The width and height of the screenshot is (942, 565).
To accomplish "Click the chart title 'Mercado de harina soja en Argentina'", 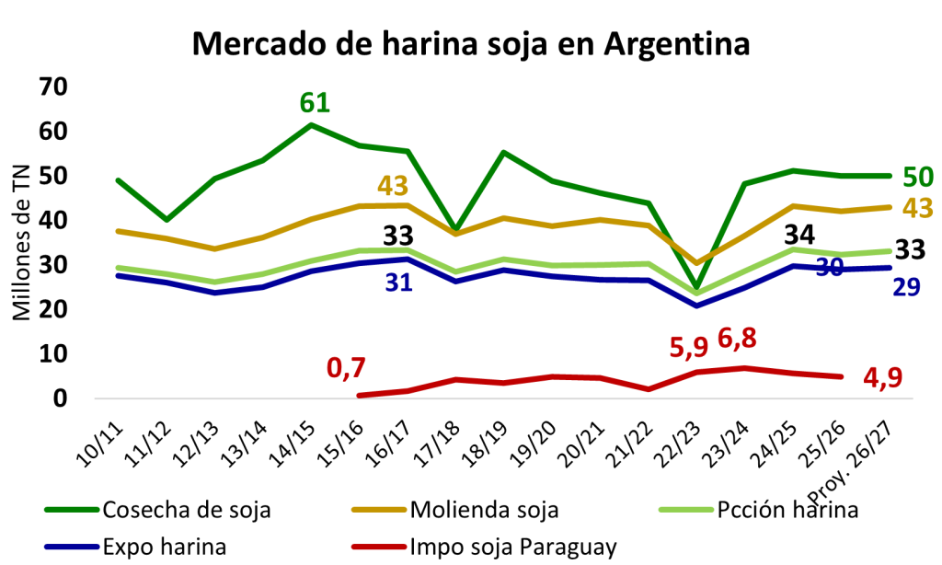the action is [x=471, y=44].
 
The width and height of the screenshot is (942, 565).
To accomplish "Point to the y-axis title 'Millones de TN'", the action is [x=22, y=242].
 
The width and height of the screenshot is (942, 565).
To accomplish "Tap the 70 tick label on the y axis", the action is [x=52, y=87].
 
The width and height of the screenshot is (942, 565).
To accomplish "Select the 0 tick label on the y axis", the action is [x=60, y=398].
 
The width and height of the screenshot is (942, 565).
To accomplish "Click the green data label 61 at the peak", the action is [x=315, y=103].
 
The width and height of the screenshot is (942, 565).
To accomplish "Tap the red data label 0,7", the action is [x=346, y=368].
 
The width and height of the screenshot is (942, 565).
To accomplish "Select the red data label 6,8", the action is [x=737, y=339].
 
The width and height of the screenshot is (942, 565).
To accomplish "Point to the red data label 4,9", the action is [x=882, y=378].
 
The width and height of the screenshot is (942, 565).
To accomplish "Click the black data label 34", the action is [x=799, y=235].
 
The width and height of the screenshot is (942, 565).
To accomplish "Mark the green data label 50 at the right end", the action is [x=918, y=178].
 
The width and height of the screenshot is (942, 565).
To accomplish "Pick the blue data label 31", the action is [x=399, y=282].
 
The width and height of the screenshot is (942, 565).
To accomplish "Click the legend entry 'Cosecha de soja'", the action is [x=158, y=510].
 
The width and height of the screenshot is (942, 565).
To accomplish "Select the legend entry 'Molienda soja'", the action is [x=455, y=510].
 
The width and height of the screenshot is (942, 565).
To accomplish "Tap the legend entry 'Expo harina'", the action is [x=136, y=547].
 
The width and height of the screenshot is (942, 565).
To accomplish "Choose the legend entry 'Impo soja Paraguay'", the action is [x=484, y=547].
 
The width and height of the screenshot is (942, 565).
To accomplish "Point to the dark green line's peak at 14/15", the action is [x=311, y=125].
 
